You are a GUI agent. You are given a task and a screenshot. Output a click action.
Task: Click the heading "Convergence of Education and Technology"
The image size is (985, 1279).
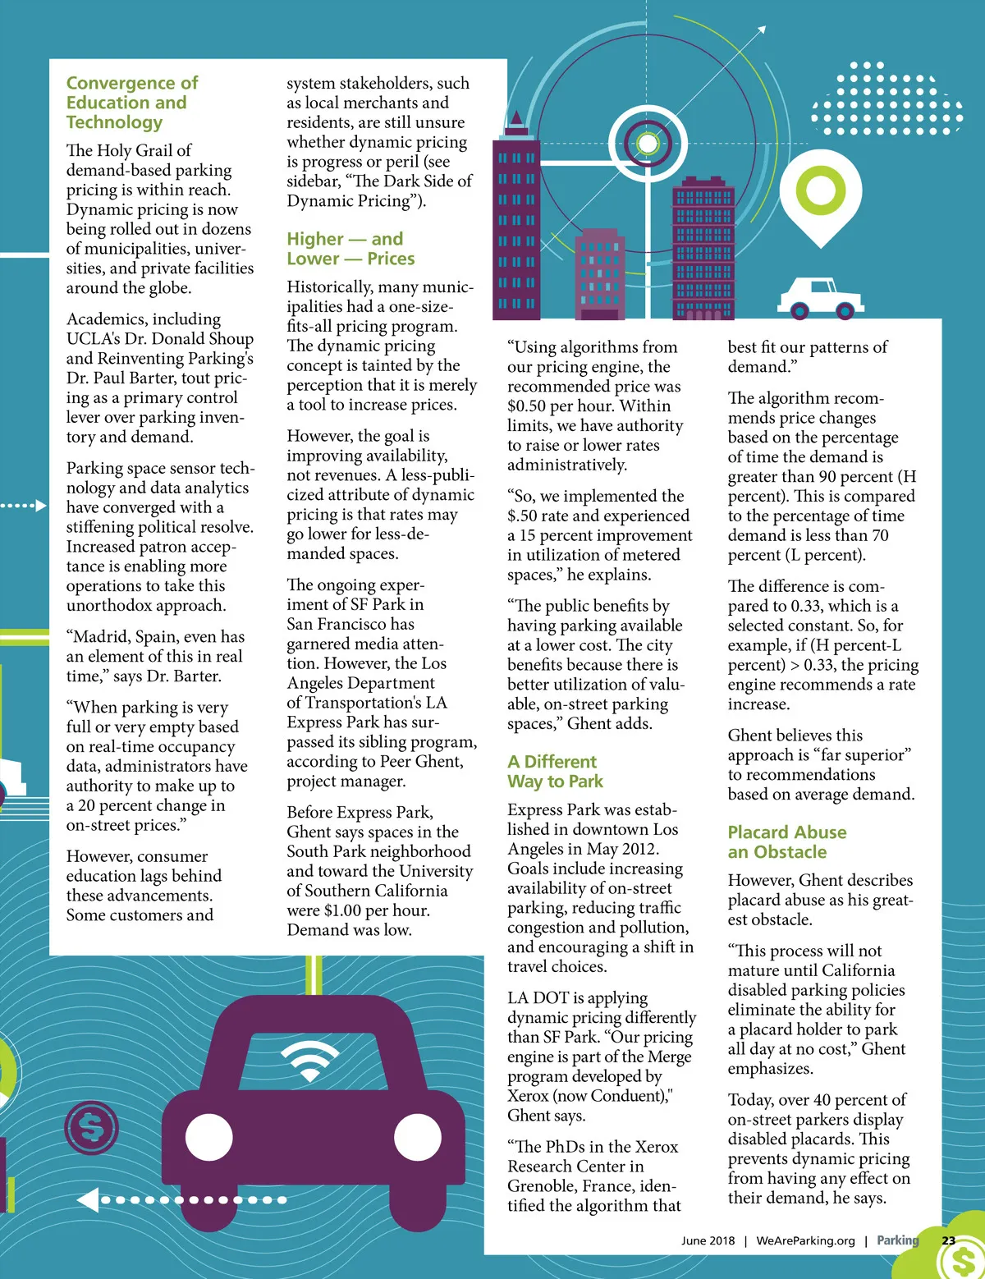point(131,103)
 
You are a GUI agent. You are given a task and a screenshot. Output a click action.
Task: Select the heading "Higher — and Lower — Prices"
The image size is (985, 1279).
point(350,249)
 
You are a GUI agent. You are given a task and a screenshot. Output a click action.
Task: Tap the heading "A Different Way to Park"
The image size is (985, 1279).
point(555,772)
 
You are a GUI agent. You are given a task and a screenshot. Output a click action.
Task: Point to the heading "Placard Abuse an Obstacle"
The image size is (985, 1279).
point(786,842)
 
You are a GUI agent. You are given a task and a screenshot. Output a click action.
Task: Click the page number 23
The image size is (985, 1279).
point(948,1240)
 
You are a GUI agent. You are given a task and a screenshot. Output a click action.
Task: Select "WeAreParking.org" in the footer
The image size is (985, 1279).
point(805,1240)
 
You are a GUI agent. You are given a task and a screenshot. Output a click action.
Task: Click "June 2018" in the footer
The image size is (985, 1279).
point(708,1240)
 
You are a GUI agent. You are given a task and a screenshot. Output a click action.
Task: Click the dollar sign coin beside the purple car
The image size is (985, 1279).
point(92,1130)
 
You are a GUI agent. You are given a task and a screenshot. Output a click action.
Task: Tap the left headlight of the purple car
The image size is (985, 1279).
point(209,1138)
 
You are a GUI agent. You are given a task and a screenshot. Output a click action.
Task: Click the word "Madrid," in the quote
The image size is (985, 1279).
point(103,637)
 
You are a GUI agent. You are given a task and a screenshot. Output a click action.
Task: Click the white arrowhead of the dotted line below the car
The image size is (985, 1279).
point(86,1200)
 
